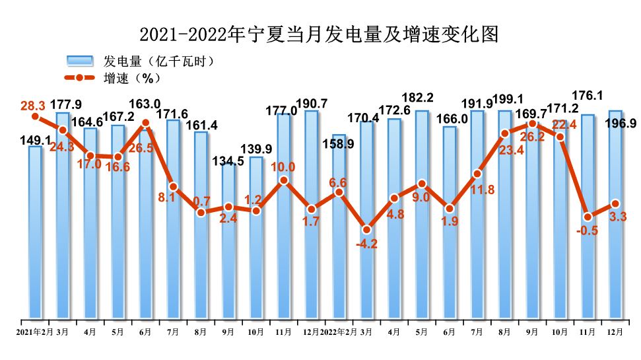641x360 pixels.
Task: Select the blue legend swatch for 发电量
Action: point(80,61)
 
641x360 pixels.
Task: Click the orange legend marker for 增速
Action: point(80,78)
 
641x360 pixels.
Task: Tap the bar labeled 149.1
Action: point(35,231)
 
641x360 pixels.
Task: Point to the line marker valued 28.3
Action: point(35,117)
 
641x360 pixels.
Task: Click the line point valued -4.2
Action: point(366,229)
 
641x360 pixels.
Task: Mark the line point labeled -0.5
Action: point(588,216)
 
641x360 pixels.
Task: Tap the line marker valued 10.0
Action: point(284,180)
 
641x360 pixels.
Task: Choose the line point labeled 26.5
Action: point(146,122)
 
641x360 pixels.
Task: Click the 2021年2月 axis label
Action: point(34,332)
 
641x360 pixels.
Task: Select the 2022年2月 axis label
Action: point(339,332)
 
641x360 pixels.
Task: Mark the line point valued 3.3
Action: point(615,203)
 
